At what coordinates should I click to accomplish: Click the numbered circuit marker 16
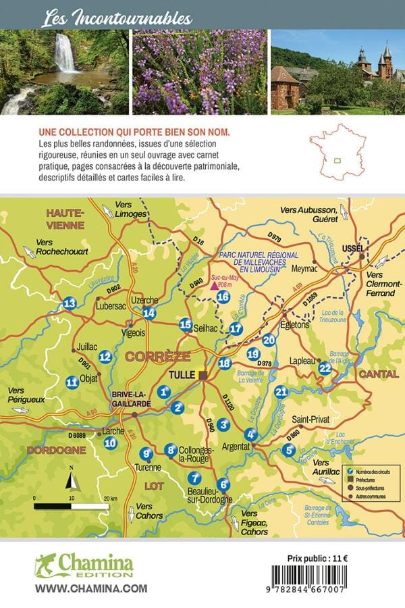pyautogui.click(x=223, y=297)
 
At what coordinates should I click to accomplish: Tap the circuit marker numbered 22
pyautogui.click(x=325, y=368)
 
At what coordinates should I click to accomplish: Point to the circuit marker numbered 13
pyautogui.click(x=70, y=305)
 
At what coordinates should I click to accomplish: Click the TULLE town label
pyautogui.click(x=182, y=375)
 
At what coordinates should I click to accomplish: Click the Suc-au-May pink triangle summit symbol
pyautogui.click(x=215, y=286)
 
